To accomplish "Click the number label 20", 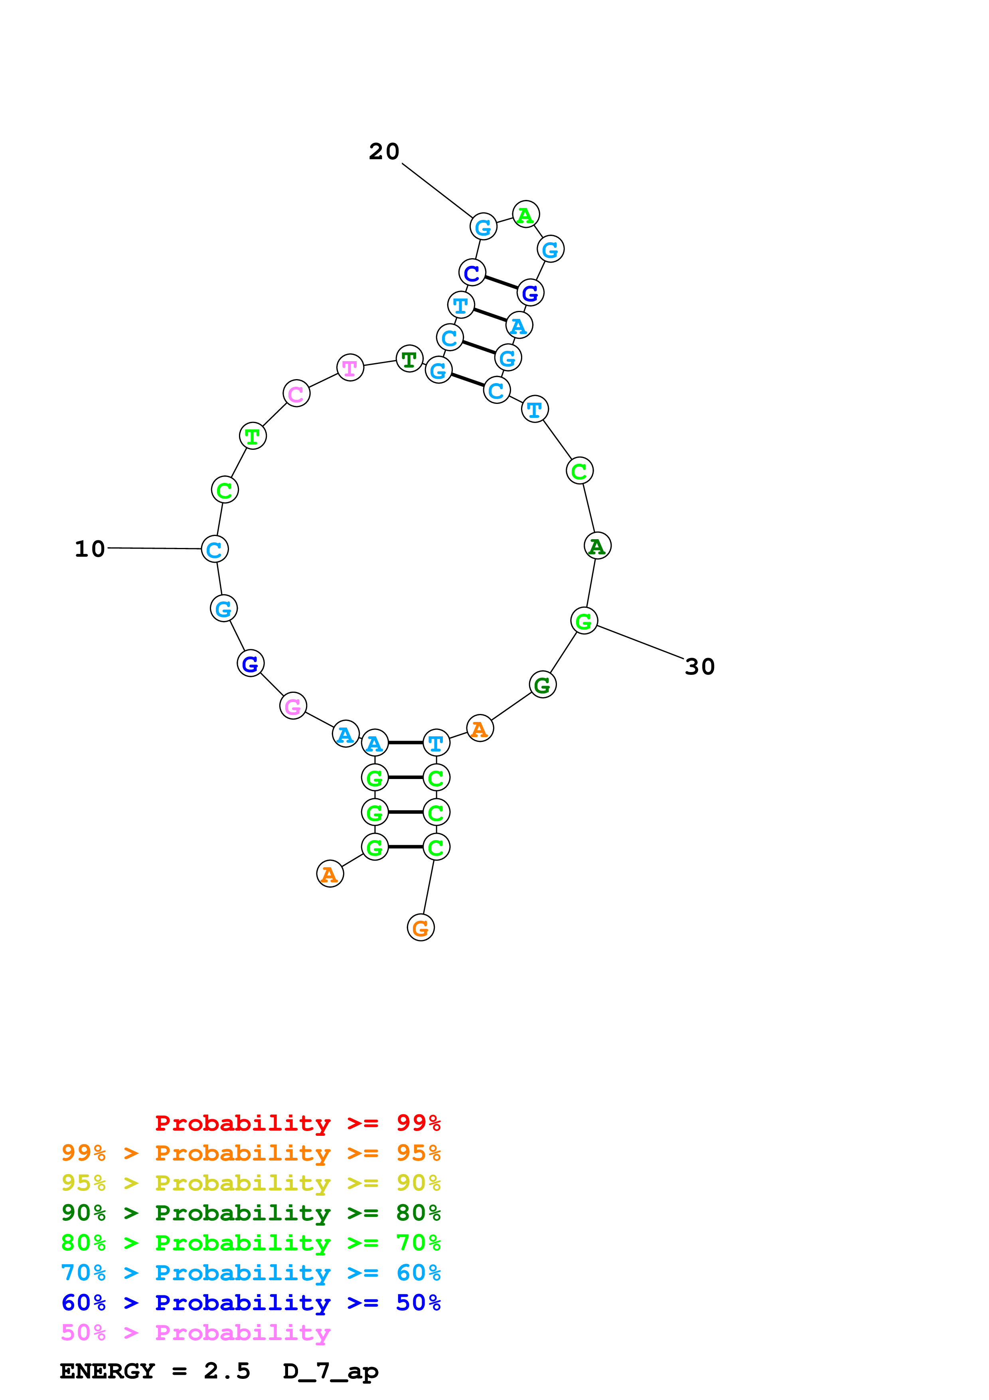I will click(x=384, y=151).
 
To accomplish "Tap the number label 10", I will click(x=90, y=549).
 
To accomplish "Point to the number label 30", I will click(x=699, y=666).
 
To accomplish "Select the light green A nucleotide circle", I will click(x=525, y=215).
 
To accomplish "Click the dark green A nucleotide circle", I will click(x=597, y=546).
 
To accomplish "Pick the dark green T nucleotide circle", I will click(x=409, y=359).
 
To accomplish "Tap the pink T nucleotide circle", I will click(x=350, y=368).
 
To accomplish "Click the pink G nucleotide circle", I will click(x=293, y=706).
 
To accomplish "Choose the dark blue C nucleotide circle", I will click(x=472, y=273).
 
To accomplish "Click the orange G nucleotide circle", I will click(x=420, y=928).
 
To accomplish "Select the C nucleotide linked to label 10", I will click(x=215, y=549).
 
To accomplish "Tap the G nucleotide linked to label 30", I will click(x=584, y=621).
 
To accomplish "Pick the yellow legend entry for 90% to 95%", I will click(x=251, y=1183).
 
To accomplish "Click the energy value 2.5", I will click(x=227, y=1371).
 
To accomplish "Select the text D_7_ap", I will click(x=330, y=1371).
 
